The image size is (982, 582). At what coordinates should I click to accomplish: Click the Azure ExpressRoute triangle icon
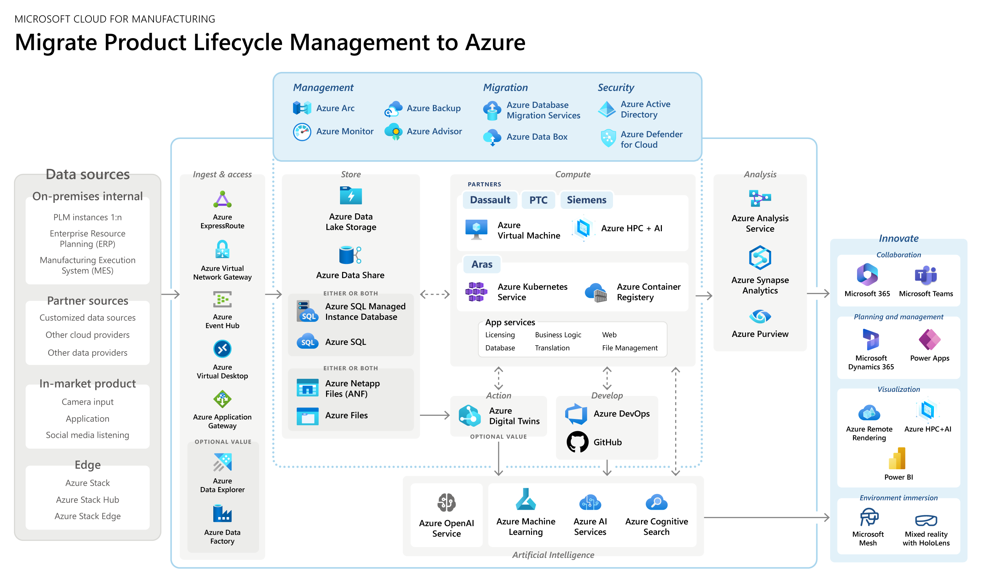(222, 200)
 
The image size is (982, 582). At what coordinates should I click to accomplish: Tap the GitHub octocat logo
(577, 442)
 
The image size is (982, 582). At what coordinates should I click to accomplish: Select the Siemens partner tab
(586, 200)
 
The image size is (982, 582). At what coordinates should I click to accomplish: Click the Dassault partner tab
(490, 200)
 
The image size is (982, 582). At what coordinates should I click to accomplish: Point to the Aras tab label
(481, 264)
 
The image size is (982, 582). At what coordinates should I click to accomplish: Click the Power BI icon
(898, 458)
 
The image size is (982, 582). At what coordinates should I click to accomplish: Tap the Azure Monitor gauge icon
(302, 132)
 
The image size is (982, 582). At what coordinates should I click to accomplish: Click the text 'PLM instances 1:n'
(87, 217)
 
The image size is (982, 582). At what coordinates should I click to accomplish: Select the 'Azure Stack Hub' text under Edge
(87, 500)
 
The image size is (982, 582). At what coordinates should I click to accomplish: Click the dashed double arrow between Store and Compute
(434, 294)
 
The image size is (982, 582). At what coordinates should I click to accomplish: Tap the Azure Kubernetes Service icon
(476, 292)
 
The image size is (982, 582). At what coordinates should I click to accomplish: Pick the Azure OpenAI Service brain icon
(446, 502)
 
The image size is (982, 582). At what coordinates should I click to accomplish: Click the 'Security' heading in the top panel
(615, 87)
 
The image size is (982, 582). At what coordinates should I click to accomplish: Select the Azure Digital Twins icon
(469, 416)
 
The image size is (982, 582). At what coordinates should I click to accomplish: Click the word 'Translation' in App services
(552, 348)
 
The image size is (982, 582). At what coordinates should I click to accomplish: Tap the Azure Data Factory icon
(222, 514)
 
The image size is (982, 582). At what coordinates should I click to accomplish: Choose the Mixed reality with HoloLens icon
(925, 520)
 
